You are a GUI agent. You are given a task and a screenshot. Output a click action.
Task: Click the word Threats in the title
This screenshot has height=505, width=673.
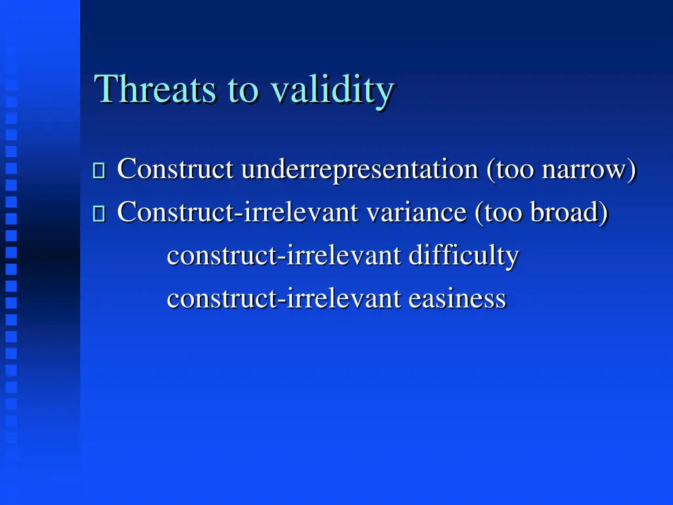click(155, 89)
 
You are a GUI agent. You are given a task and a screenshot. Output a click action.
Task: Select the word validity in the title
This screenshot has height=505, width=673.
click(333, 89)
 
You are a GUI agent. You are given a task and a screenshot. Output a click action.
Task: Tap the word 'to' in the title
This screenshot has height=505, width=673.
click(243, 91)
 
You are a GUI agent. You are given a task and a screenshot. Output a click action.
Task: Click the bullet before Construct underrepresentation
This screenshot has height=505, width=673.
click(99, 171)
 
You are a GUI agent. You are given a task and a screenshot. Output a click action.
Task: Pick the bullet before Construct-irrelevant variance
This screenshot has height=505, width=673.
click(99, 214)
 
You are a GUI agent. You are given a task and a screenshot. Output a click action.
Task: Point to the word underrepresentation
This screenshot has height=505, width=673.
click(360, 170)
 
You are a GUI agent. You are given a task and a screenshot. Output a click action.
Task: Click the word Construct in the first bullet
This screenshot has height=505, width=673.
click(175, 169)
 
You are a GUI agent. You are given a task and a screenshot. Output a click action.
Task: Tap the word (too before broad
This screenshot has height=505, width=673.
click(499, 212)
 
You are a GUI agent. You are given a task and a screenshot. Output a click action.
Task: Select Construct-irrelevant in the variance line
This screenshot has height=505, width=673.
click(238, 212)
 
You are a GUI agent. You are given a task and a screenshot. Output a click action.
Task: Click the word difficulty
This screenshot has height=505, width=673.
click(463, 256)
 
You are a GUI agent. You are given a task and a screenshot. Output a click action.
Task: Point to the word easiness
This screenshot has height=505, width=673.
click(457, 299)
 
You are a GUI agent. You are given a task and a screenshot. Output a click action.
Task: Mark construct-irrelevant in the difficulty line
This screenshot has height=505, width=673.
click(283, 255)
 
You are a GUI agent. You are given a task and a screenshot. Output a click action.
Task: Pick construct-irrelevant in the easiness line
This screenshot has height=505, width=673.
click(283, 299)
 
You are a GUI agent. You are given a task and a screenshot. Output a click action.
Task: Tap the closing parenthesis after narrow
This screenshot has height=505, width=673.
click(632, 170)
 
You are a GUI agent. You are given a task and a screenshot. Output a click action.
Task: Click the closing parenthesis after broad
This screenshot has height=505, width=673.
click(603, 213)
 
